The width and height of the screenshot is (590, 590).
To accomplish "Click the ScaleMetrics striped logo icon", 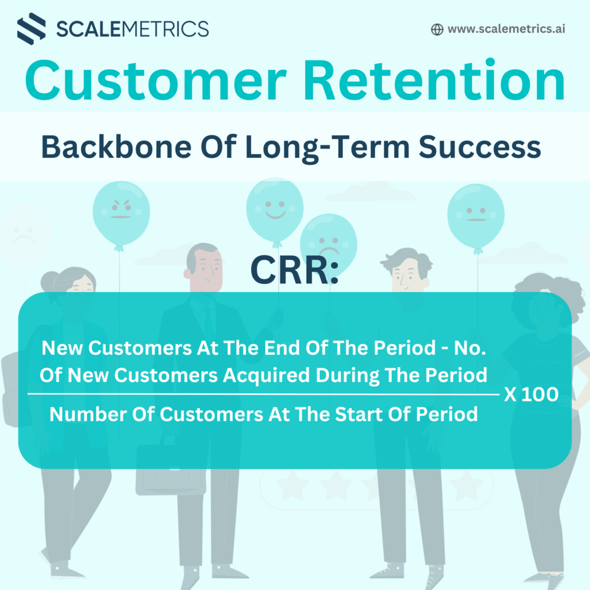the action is [32, 29].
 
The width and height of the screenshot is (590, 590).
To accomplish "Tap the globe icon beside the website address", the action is [437, 29].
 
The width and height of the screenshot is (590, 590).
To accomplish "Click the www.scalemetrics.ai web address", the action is [506, 29].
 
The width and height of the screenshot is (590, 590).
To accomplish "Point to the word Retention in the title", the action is [434, 80].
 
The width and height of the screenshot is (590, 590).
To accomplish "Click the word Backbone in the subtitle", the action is [116, 146].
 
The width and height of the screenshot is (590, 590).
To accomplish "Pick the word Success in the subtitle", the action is [480, 147].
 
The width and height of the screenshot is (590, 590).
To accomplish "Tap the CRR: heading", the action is [294, 270].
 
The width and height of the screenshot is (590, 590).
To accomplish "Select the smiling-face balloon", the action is [275, 209].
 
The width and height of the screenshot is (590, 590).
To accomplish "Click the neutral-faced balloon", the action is [476, 215].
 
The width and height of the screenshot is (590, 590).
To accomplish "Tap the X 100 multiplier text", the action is [531, 394].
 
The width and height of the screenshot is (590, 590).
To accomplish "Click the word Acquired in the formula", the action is [266, 375].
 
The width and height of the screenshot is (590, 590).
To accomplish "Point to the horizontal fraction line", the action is [263, 394].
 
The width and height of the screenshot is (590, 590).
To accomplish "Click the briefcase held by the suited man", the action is [171, 469].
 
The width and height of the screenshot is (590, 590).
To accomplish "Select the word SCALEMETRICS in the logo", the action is [133, 29].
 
